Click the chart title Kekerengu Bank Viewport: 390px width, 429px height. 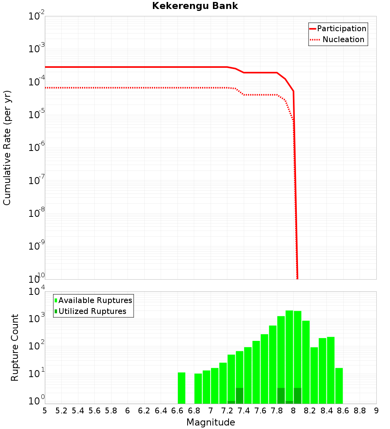[195, 6]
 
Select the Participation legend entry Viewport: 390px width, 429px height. [338, 28]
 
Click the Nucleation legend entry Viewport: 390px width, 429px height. [338, 39]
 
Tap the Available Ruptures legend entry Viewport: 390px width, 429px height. [93, 300]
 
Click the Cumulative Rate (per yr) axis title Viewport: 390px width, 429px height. [7, 147]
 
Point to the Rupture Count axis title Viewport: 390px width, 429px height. [15, 347]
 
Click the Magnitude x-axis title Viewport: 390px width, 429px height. [211, 422]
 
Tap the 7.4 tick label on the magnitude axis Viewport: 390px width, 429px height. [244, 411]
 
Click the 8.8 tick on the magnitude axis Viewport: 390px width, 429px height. [360, 411]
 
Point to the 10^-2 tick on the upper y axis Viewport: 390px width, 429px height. [37, 16]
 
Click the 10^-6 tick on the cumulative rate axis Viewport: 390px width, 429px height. [37, 148]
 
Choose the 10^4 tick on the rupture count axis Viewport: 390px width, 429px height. [37, 292]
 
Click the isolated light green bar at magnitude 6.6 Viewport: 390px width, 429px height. [181, 388]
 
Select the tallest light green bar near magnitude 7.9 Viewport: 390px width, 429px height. [289, 355]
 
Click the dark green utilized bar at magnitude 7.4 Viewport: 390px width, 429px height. [239, 396]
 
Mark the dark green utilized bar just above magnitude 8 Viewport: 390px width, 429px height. [297, 396]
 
